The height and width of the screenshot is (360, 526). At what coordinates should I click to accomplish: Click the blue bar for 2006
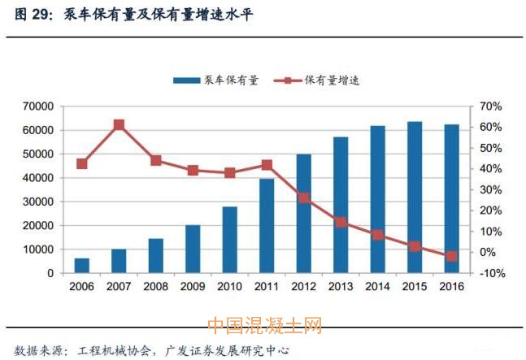[82, 266]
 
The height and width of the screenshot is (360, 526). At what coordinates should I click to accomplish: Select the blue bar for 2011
[267, 226]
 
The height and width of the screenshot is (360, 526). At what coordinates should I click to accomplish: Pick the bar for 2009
[193, 249]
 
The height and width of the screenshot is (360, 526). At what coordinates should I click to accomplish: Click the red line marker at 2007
[119, 125]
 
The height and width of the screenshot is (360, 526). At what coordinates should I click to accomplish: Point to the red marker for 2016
[451, 256]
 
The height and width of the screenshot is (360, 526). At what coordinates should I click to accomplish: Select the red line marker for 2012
[303, 197]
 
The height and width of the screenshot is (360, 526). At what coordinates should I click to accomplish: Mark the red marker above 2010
[230, 172]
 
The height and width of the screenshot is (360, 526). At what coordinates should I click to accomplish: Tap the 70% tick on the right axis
[493, 106]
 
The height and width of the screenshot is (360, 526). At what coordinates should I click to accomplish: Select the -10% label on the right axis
[493, 273]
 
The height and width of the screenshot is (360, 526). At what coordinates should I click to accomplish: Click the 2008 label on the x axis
[156, 287]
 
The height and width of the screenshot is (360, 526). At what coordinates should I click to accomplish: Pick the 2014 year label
[377, 287]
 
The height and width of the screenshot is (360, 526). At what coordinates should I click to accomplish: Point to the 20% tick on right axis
[493, 210]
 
